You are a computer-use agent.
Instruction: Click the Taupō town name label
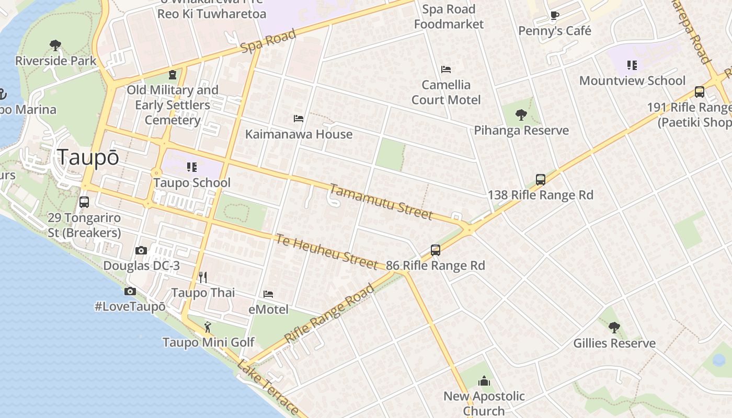tap(88, 157)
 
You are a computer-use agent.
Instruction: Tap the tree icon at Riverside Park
tap(55, 45)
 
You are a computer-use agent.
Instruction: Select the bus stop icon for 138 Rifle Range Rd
tap(541, 180)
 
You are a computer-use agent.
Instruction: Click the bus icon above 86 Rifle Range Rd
tap(436, 250)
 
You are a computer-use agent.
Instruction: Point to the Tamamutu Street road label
tap(381, 202)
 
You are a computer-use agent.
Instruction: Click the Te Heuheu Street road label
tap(326, 252)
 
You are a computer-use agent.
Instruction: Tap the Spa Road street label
tap(268, 41)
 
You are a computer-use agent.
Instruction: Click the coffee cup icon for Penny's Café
tap(555, 16)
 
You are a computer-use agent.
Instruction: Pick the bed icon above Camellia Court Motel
tap(446, 69)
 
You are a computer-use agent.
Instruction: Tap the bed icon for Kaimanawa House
tap(299, 119)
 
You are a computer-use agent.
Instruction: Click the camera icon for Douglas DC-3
tap(141, 251)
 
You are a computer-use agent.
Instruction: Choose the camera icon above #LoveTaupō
tap(130, 292)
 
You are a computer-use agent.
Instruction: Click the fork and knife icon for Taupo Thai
tap(203, 277)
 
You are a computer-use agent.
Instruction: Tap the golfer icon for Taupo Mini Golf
tap(208, 327)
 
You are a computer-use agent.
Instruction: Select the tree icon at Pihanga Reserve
tap(521, 115)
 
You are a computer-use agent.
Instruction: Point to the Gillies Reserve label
tap(614, 343)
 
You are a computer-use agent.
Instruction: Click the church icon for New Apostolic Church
tap(484, 381)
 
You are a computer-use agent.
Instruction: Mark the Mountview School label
tap(632, 80)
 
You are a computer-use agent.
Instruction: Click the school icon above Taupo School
tap(192, 167)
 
